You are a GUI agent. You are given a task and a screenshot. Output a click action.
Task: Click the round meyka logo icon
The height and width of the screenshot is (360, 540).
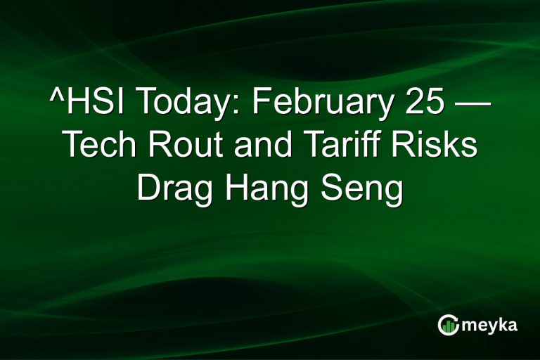click(448, 324)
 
